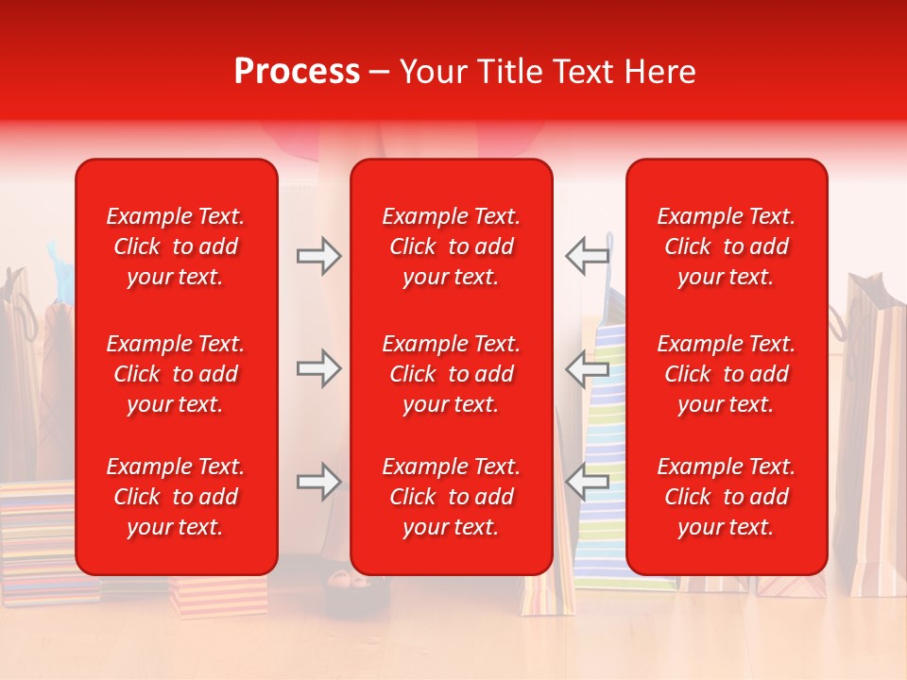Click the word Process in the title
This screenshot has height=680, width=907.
click(x=297, y=72)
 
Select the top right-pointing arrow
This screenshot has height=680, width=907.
click(x=318, y=256)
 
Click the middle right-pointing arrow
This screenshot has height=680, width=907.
click(x=318, y=368)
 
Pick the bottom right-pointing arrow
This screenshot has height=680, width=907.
click(x=318, y=483)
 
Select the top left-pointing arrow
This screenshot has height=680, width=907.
click(x=588, y=256)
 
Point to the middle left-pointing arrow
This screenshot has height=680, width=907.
click(x=588, y=368)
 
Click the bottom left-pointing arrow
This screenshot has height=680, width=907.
click(x=588, y=483)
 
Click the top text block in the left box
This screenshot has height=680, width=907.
click(x=176, y=246)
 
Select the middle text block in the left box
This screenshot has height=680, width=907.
click(x=176, y=374)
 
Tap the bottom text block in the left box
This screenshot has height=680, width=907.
click(x=176, y=497)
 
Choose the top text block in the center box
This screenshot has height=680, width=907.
click(x=452, y=246)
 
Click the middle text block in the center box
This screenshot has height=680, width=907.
click(x=452, y=374)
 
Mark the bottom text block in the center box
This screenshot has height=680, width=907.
click(x=452, y=497)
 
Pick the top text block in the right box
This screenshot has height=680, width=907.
click(x=727, y=246)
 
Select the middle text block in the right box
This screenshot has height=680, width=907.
click(x=727, y=374)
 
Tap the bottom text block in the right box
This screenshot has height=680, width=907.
click(x=727, y=497)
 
